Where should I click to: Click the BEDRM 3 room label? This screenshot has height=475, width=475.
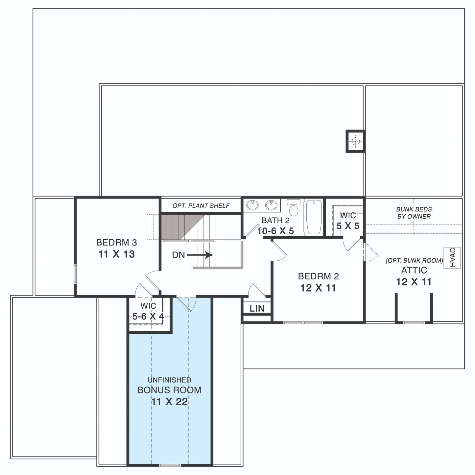[x=116, y=242]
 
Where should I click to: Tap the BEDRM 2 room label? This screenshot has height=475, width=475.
[x=318, y=276]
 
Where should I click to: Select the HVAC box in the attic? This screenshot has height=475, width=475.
[x=452, y=258]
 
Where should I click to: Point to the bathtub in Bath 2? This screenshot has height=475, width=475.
[x=314, y=217]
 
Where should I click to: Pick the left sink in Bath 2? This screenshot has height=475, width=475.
[x=252, y=205]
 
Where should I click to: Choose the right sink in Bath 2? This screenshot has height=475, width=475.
[x=271, y=205]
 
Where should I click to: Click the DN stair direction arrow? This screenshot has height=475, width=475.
[x=200, y=255]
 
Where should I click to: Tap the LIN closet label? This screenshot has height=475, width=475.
[x=257, y=308]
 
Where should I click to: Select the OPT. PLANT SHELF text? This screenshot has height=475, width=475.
[x=201, y=205]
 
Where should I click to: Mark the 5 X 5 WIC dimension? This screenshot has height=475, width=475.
[x=348, y=226]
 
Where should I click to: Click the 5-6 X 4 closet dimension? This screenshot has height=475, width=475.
[x=148, y=316]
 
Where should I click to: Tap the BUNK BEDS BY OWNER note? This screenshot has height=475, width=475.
[x=414, y=213]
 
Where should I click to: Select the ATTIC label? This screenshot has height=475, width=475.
[x=414, y=270]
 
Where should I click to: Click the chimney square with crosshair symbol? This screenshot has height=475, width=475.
[x=355, y=141]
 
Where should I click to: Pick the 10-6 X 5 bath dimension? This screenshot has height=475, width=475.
[x=275, y=231]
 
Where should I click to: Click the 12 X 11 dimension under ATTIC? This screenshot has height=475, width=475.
[x=414, y=282]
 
